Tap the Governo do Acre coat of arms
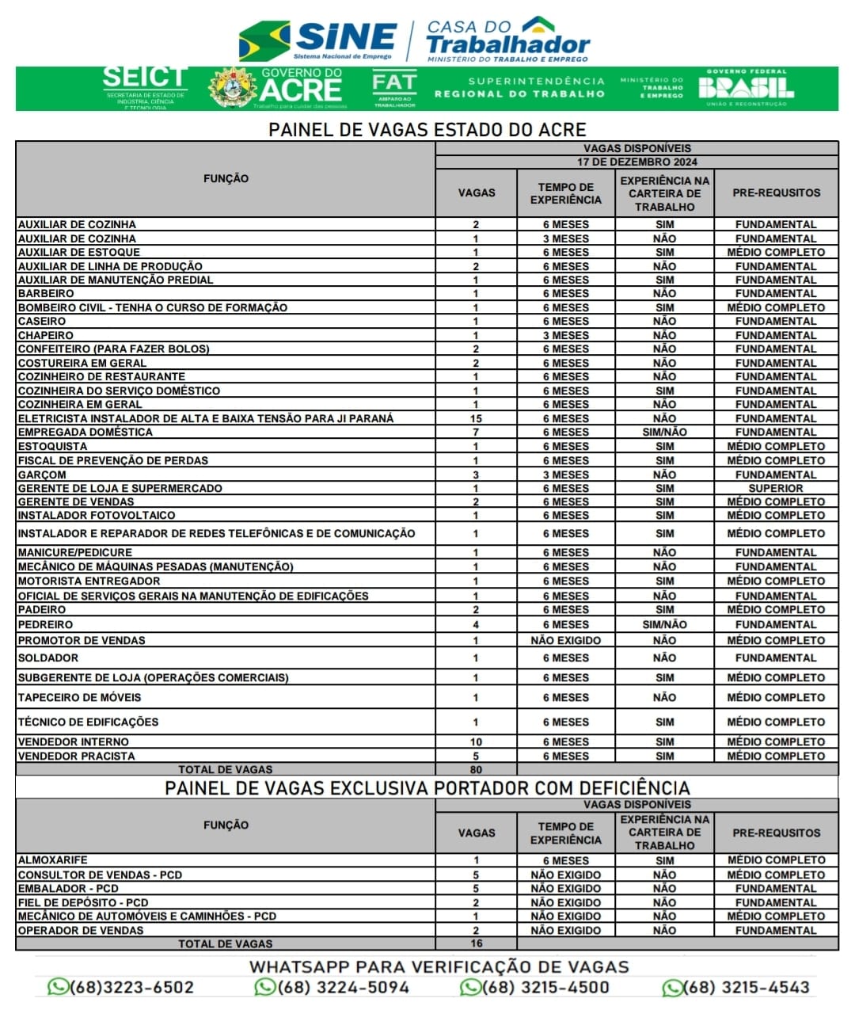click(232, 88)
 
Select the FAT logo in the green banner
click(394, 87)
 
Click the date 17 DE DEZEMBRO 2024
click(636, 162)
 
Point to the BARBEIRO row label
click(46, 293)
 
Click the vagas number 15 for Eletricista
click(476, 418)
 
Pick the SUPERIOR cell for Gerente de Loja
click(775, 488)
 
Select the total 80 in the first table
click(476, 769)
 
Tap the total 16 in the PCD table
click(476, 943)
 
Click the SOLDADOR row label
click(48, 657)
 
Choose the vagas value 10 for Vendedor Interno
click(476, 741)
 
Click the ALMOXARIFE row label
click(53, 859)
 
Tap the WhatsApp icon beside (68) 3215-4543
click(672, 988)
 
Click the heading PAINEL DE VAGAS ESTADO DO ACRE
click(427, 129)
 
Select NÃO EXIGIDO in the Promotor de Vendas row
click(565, 640)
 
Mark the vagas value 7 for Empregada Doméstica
click(476, 432)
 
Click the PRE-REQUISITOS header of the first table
click(776, 192)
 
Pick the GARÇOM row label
click(42, 474)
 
